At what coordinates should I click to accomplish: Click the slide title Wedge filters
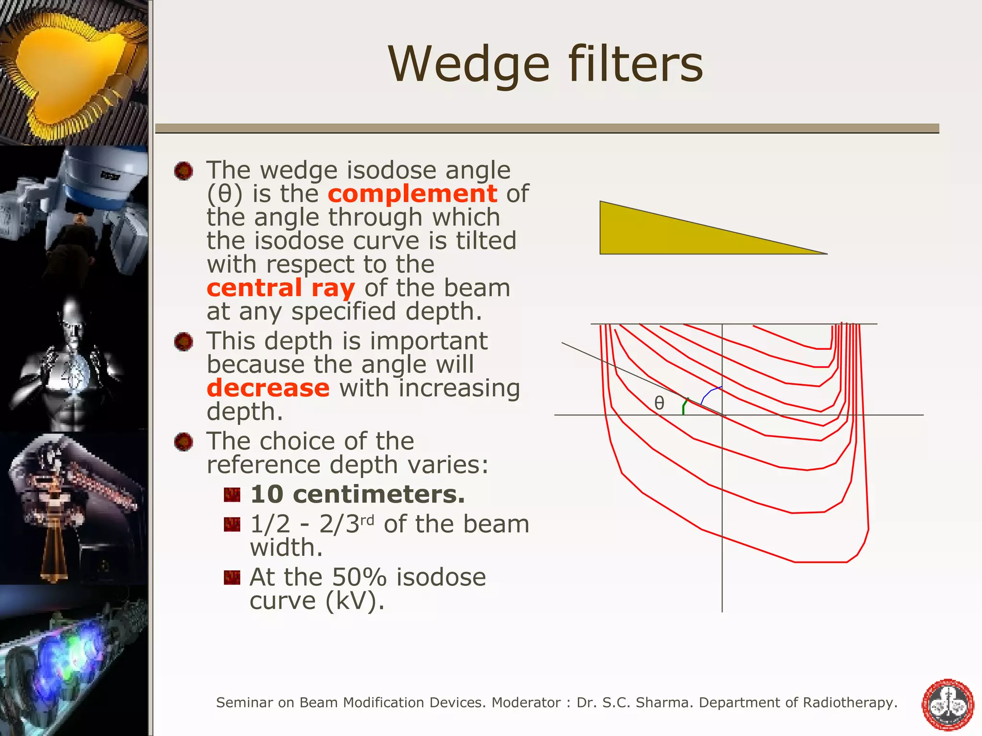coord(545,65)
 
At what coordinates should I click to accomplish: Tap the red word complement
coord(412,194)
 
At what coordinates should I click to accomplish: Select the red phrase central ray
coord(281,288)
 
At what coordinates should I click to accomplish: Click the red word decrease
coord(268,388)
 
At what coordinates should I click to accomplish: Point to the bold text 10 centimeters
coord(357,494)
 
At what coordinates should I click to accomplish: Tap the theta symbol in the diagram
coord(659,403)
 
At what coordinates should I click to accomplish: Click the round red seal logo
coord(948,704)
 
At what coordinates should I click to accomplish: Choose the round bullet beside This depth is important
coord(184,342)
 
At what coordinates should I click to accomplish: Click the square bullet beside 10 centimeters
coord(232,495)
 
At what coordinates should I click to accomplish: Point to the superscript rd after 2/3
coord(367,519)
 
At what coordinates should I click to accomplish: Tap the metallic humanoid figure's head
coord(72,319)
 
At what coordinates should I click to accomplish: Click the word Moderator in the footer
coord(526,702)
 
